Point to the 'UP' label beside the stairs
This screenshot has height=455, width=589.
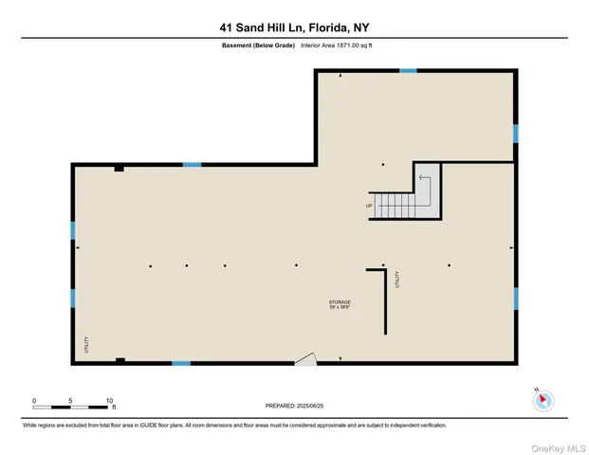369,205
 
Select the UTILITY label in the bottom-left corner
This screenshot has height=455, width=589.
84,344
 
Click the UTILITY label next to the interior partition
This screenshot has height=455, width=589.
398,280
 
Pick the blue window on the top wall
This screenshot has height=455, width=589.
408,70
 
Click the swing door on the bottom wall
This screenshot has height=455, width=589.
305,358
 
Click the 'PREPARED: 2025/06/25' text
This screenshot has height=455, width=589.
294,406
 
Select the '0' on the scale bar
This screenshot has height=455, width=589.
34,401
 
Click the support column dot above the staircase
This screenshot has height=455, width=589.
383,164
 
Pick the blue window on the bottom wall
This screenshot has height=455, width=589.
180,363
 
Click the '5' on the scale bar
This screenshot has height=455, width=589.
71,401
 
